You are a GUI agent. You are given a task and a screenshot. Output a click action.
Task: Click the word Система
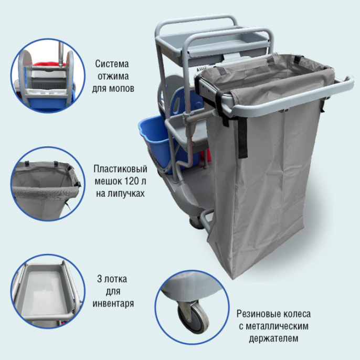click(112, 64)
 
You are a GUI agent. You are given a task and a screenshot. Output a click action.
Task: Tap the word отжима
click(113, 76)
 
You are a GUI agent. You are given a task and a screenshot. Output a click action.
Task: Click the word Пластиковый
click(120, 169)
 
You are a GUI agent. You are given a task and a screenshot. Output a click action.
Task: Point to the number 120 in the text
click(132, 182)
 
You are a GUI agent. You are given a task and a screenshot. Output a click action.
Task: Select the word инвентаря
click(113, 303)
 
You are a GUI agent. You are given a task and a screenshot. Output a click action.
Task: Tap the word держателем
click(274, 338)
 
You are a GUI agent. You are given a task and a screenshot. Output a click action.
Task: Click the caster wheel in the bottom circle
click(193, 317)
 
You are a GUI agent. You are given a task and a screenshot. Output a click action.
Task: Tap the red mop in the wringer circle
click(49, 64)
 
